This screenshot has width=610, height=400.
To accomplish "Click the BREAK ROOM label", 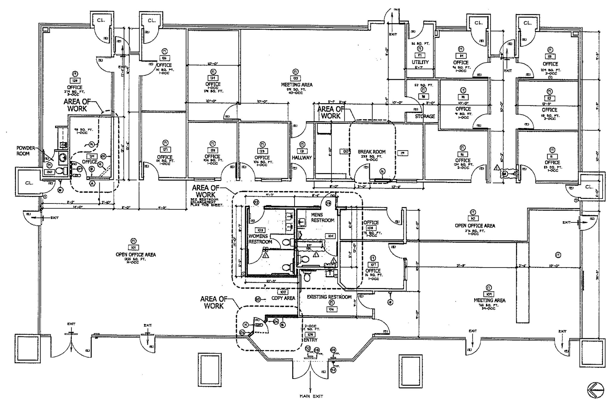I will (371, 152).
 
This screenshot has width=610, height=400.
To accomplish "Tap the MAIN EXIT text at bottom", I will (311, 396).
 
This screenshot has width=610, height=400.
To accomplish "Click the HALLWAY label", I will (301, 158).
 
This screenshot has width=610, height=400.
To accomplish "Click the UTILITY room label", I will (420, 62).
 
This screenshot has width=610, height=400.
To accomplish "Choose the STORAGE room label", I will (425, 116).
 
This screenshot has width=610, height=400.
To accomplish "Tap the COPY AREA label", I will (283, 298).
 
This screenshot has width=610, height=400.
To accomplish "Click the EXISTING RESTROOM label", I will (329, 297).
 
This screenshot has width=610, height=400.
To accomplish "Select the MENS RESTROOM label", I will (322, 217).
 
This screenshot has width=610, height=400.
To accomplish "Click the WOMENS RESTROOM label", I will (260, 239).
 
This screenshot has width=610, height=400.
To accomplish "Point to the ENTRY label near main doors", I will (310, 340).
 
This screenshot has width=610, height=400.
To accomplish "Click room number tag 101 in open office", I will (134, 248).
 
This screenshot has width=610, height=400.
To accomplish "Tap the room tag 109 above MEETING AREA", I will (488, 294).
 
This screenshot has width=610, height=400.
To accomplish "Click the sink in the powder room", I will (62, 157).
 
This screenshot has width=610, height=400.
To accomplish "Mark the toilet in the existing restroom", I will (307, 277).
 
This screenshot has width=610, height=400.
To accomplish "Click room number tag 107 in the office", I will (373, 264).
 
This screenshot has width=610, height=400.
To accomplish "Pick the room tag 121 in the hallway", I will (302, 151).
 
